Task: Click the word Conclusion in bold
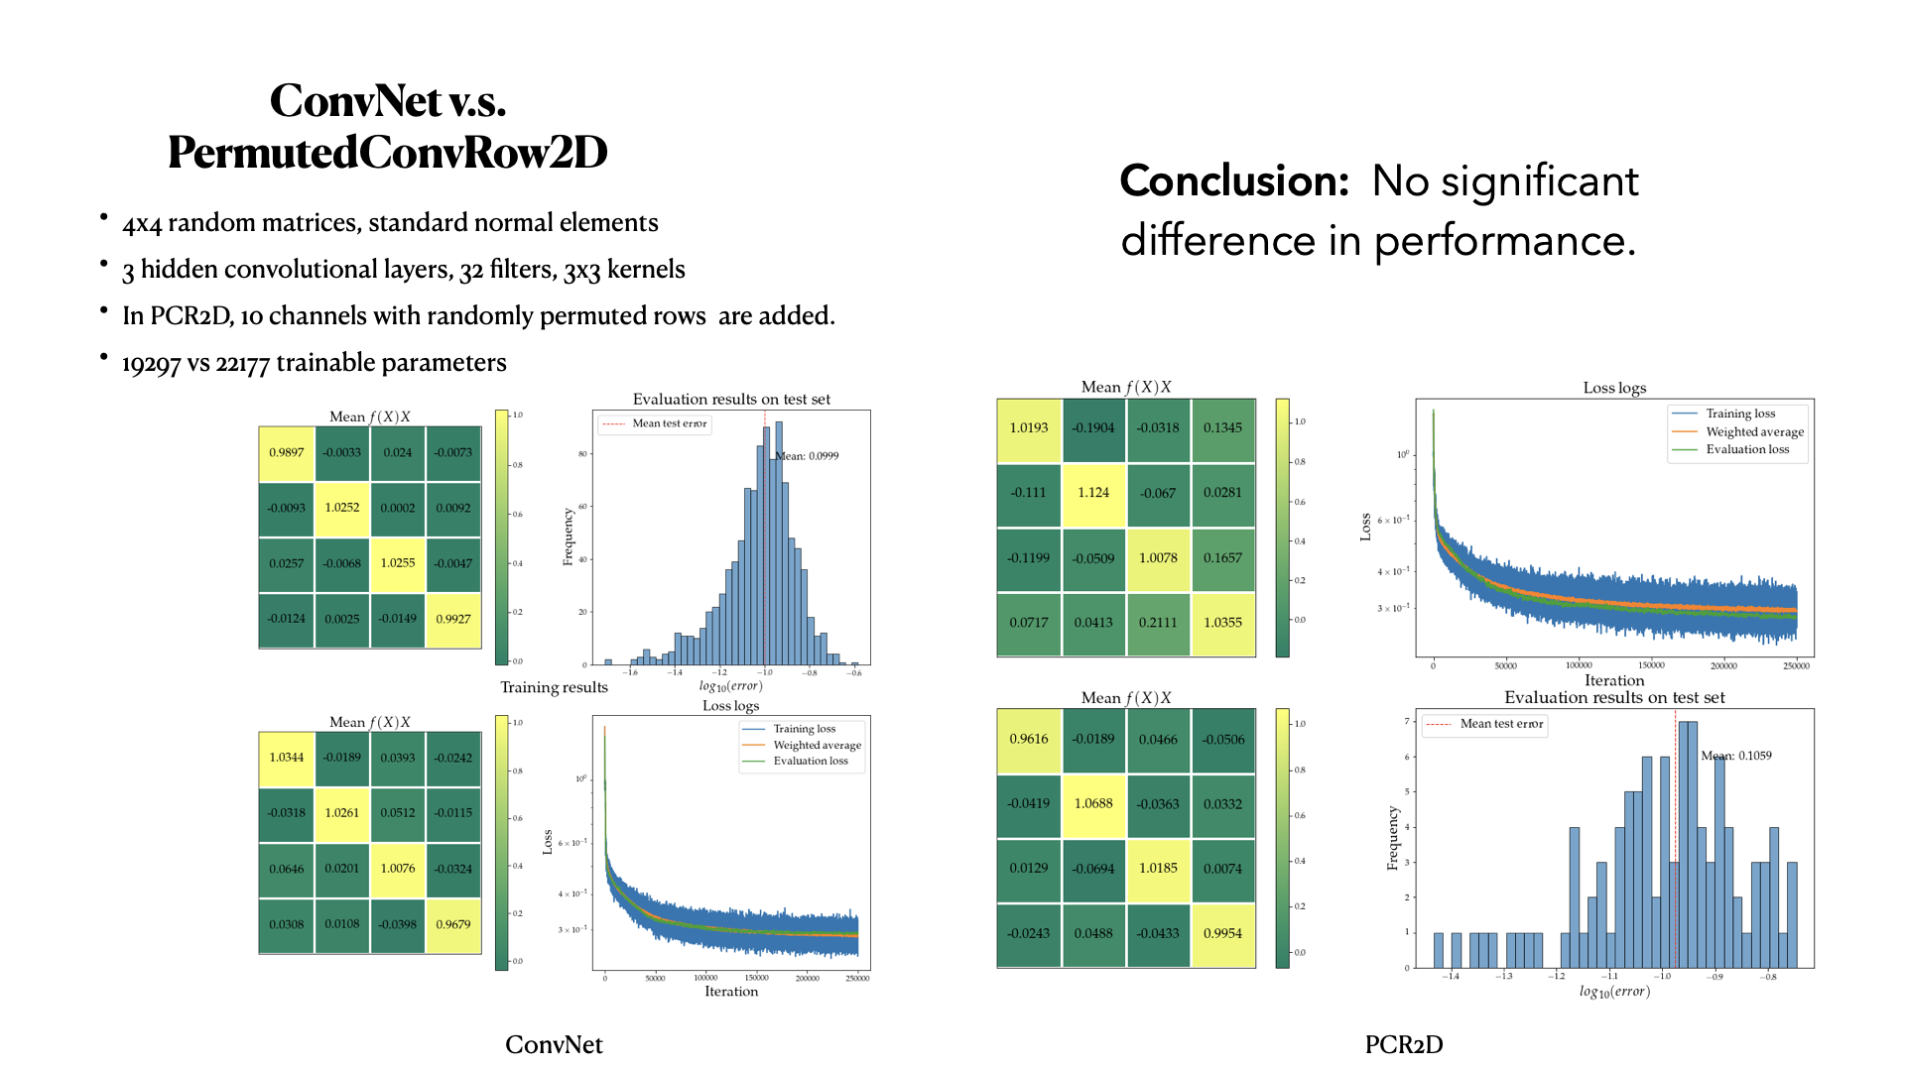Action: [1234, 181]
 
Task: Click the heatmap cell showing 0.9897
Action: [286, 452]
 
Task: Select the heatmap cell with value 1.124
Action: [1092, 493]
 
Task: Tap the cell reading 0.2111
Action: [1157, 623]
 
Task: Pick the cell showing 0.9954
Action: [1221, 933]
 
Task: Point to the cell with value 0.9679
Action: [452, 924]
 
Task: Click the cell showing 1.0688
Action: [1092, 803]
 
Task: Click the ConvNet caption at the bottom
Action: [554, 1044]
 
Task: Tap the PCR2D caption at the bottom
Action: [1403, 1044]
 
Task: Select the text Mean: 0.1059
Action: [1735, 756]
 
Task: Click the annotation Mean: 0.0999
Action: [808, 456]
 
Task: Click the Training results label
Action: [554, 687]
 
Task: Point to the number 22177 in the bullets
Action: [242, 364]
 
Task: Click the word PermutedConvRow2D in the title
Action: [387, 153]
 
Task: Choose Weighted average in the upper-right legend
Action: [1754, 431]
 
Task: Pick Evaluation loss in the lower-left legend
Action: [810, 761]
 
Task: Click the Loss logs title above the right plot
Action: [1613, 388]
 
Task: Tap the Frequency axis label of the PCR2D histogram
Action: [1392, 838]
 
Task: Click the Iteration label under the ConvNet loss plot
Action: [730, 991]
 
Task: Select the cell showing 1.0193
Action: [1028, 428]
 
